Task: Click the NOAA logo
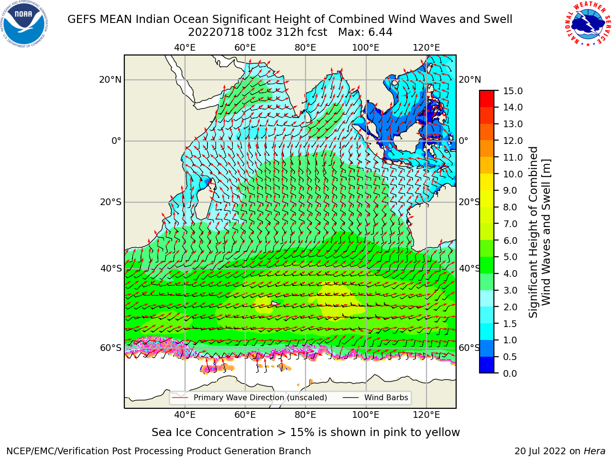[24, 24]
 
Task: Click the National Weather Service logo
[588, 24]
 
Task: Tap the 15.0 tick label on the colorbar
[513, 91]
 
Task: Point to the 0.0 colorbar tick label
[510, 373]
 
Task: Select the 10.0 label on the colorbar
[513, 174]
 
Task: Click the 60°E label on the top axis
[245, 48]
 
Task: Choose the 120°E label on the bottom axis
[426, 415]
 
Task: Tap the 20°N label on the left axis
[110, 80]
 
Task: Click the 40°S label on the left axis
[111, 268]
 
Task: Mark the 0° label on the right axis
[463, 141]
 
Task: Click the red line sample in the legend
[180, 397]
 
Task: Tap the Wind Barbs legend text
[386, 397]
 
